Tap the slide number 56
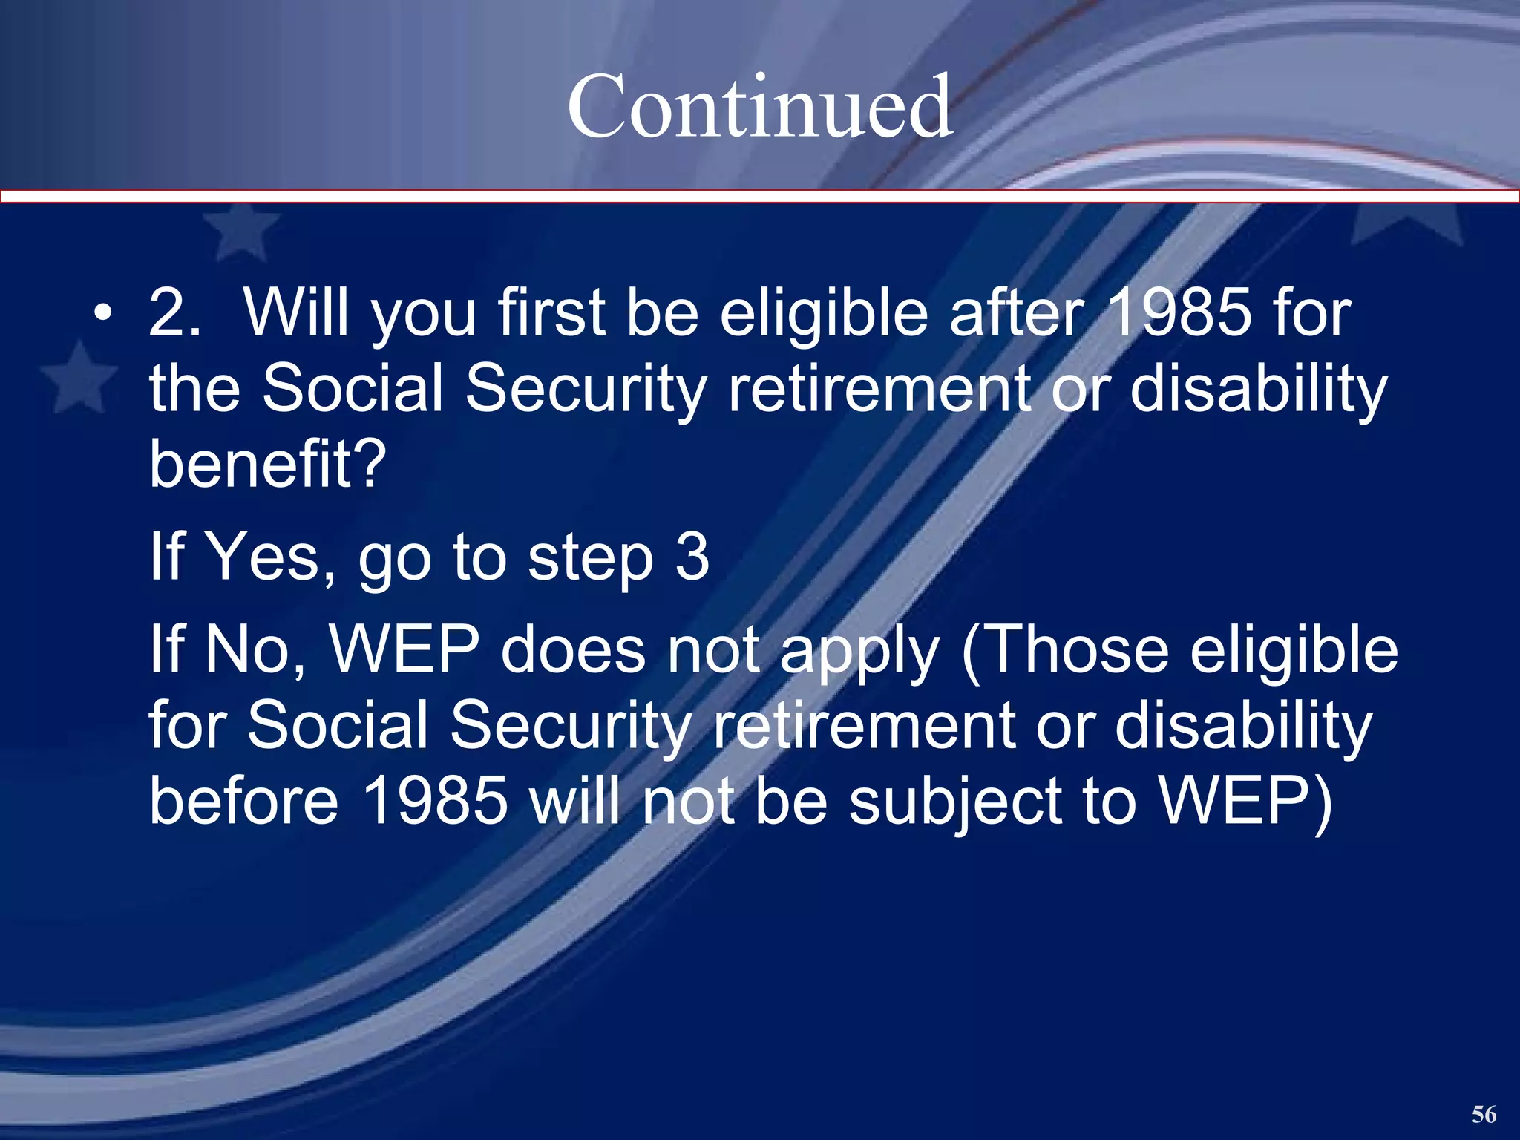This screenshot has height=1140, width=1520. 1484,1114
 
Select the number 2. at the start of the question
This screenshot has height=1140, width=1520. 174,312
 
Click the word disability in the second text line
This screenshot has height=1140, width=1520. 1258,390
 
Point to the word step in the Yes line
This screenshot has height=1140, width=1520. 591,560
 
